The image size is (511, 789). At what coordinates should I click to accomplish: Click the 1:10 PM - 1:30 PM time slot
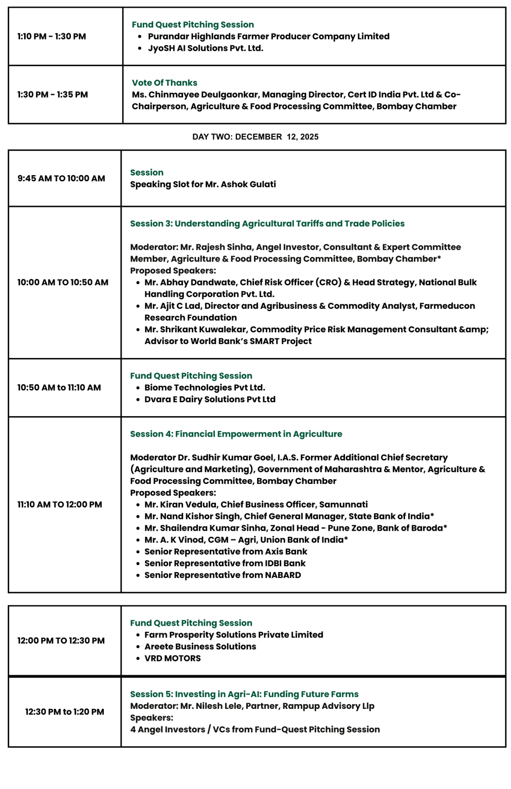[51, 36]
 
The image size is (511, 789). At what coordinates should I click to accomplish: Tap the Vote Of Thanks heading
[165, 83]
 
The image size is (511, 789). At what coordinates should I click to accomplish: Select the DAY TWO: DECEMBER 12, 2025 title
[255, 137]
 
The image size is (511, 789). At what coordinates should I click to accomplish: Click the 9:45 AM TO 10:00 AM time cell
[61, 178]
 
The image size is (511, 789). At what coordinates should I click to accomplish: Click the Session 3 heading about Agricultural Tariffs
[267, 223]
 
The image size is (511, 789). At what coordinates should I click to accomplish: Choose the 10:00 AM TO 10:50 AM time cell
[63, 282]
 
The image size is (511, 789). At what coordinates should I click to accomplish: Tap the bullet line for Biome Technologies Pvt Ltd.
[205, 388]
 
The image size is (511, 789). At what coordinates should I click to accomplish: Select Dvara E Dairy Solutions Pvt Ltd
[210, 400]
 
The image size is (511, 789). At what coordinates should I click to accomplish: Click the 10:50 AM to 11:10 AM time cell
[59, 388]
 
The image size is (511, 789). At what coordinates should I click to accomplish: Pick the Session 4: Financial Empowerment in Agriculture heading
[236, 434]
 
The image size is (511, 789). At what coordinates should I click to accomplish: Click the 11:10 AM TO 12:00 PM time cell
[60, 504]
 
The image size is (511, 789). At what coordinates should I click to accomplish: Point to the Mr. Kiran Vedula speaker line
[256, 504]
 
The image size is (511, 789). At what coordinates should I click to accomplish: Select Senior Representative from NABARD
[223, 575]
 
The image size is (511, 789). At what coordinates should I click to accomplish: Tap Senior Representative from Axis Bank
[226, 552]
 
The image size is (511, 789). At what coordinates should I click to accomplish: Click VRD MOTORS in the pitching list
[173, 659]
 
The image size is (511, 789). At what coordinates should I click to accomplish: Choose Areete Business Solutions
[200, 647]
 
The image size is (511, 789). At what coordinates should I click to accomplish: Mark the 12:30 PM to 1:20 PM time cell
[64, 712]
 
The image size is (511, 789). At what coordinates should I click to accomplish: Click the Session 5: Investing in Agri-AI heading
[244, 694]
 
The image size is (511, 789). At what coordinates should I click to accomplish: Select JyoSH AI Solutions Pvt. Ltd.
[206, 48]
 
